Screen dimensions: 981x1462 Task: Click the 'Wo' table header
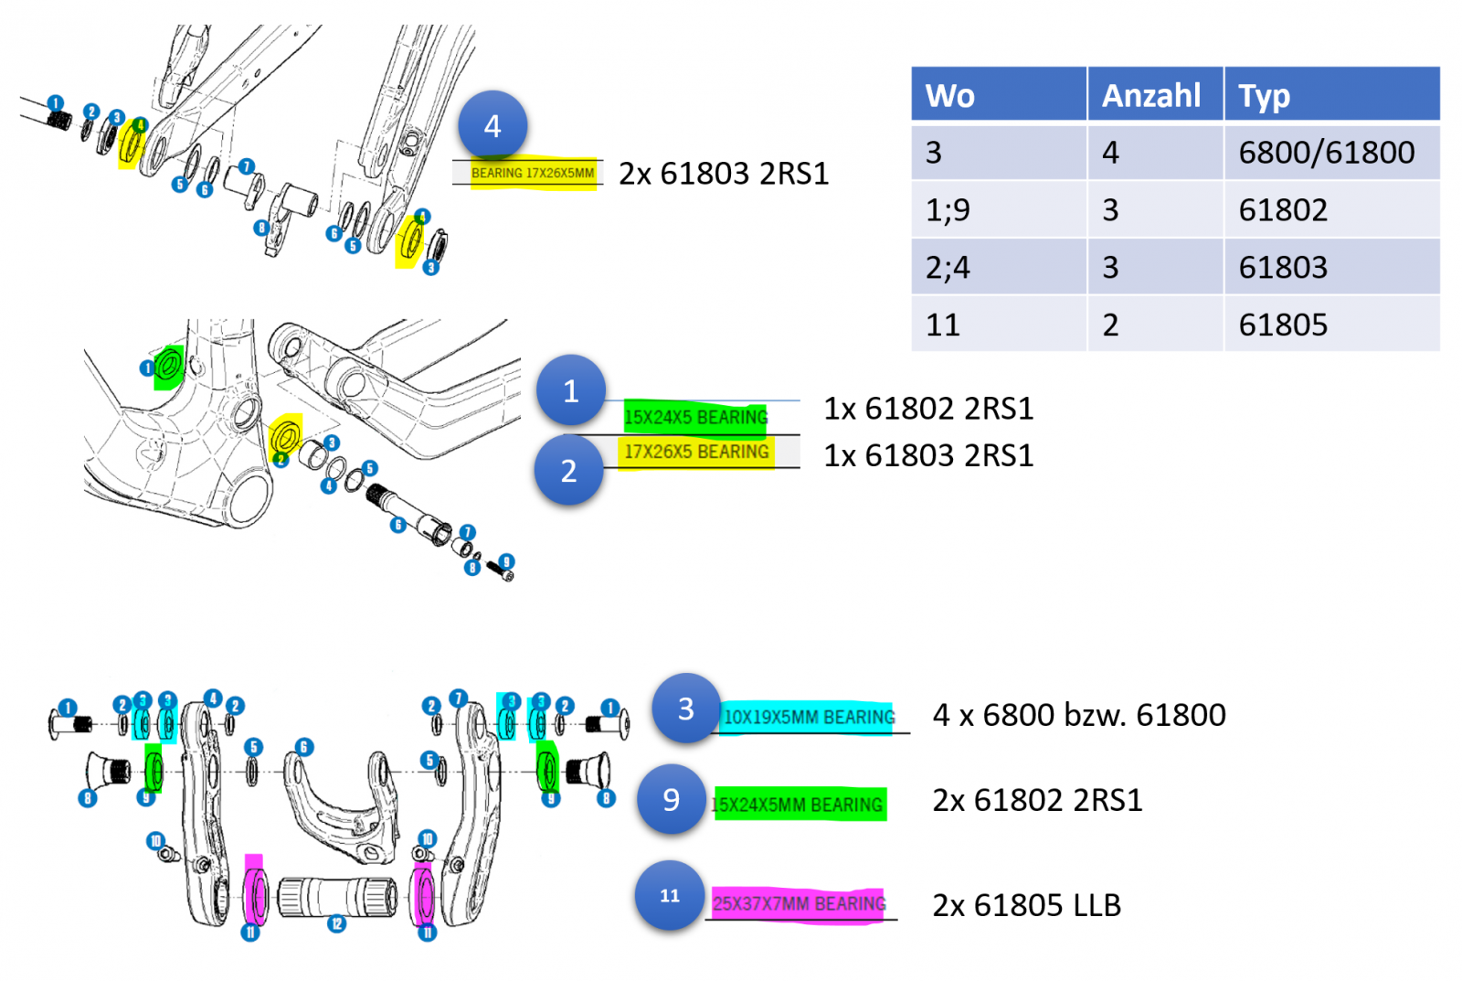pyautogui.click(x=950, y=95)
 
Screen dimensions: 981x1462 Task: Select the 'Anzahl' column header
pyautogui.click(x=1151, y=95)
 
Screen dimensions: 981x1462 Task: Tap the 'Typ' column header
pyautogui.click(x=1265, y=95)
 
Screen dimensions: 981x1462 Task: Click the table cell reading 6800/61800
pyautogui.click(x=1326, y=153)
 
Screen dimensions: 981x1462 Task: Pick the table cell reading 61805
pyautogui.click(x=1283, y=325)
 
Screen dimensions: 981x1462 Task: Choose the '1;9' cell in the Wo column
pyautogui.click(x=948, y=210)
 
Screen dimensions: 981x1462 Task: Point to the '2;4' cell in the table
pyautogui.click(x=948, y=268)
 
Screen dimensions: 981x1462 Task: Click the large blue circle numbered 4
pyautogui.click(x=493, y=126)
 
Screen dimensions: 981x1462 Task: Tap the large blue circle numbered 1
pyautogui.click(x=571, y=390)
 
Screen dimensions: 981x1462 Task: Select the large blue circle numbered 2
pyautogui.click(x=569, y=470)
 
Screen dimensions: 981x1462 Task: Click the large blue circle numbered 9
pyautogui.click(x=672, y=800)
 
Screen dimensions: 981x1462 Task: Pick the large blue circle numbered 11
pyautogui.click(x=670, y=896)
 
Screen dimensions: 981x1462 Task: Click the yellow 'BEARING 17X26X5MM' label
pyautogui.click(x=533, y=173)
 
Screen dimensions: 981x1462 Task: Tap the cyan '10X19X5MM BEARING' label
pyautogui.click(x=809, y=717)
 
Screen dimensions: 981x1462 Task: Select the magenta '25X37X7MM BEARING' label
pyautogui.click(x=799, y=904)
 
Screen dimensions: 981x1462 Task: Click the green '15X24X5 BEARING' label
pyautogui.click(x=695, y=418)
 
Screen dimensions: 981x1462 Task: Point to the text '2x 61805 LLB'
pyautogui.click(x=1026, y=905)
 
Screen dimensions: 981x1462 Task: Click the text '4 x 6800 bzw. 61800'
pyautogui.click(x=1079, y=715)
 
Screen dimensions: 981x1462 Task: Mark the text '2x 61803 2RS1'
pyautogui.click(x=724, y=174)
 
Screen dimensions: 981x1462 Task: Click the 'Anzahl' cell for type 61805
pyautogui.click(x=1111, y=325)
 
